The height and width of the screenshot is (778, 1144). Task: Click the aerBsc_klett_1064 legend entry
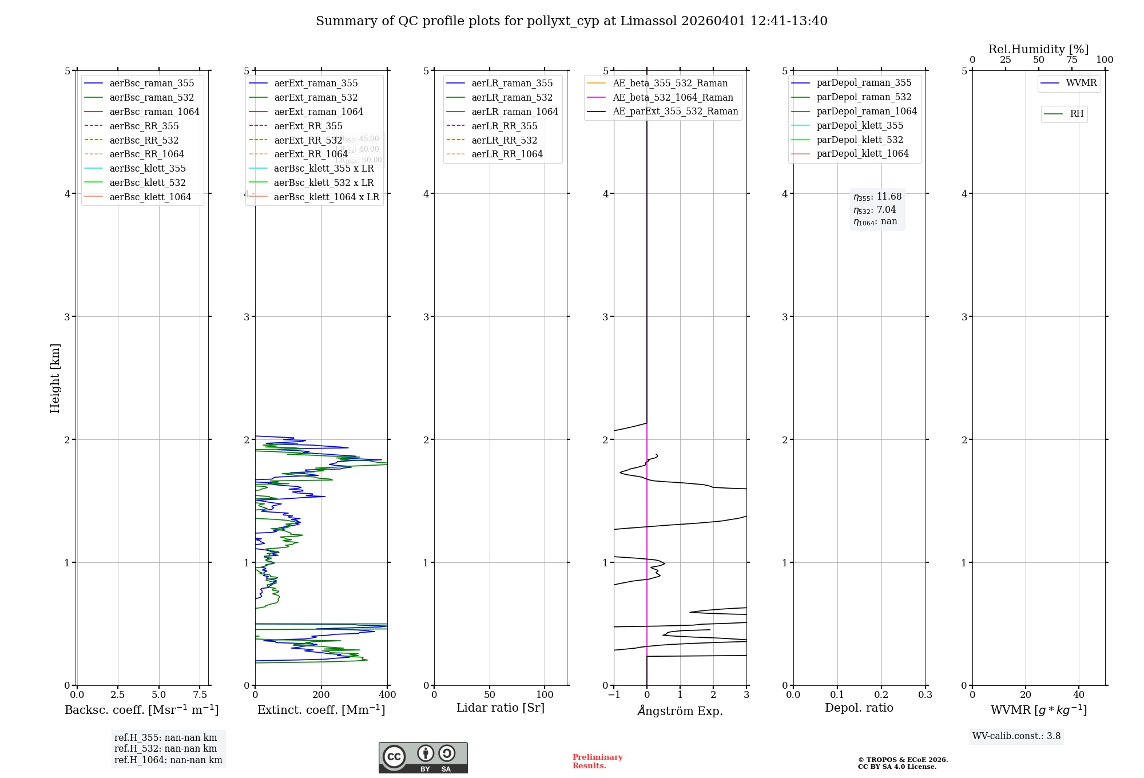(x=150, y=197)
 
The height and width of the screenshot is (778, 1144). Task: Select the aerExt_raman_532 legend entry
(x=316, y=97)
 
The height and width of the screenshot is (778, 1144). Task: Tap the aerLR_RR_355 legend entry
(x=504, y=126)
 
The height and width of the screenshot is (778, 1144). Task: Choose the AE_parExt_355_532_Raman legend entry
(x=675, y=111)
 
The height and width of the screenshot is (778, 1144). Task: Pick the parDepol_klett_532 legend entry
(x=859, y=140)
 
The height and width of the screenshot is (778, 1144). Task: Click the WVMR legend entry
(x=1081, y=83)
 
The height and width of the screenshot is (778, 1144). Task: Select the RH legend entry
(x=1077, y=114)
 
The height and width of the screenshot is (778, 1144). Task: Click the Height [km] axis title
(x=55, y=378)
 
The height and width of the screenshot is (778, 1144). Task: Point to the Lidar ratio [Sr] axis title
(x=500, y=708)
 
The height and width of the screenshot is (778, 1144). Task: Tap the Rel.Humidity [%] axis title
(x=1038, y=49)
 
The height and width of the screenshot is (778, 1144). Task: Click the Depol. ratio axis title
(x=859, y=708)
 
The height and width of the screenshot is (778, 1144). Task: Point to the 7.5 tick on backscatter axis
(x=200, y=694)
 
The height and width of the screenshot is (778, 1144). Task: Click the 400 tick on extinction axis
(x=387, y=694)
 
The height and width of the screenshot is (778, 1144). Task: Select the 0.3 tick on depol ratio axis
(x=925, y=694)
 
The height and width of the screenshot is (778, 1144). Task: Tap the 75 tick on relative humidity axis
(x=1071, y=59)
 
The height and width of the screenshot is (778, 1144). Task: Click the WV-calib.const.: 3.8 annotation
(x=1016, y=736)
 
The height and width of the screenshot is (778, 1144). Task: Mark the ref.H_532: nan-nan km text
(x=165, y=748)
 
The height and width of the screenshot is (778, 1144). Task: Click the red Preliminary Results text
(x=597, y=761)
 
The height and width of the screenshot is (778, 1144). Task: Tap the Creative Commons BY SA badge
(x=423, y=757)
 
